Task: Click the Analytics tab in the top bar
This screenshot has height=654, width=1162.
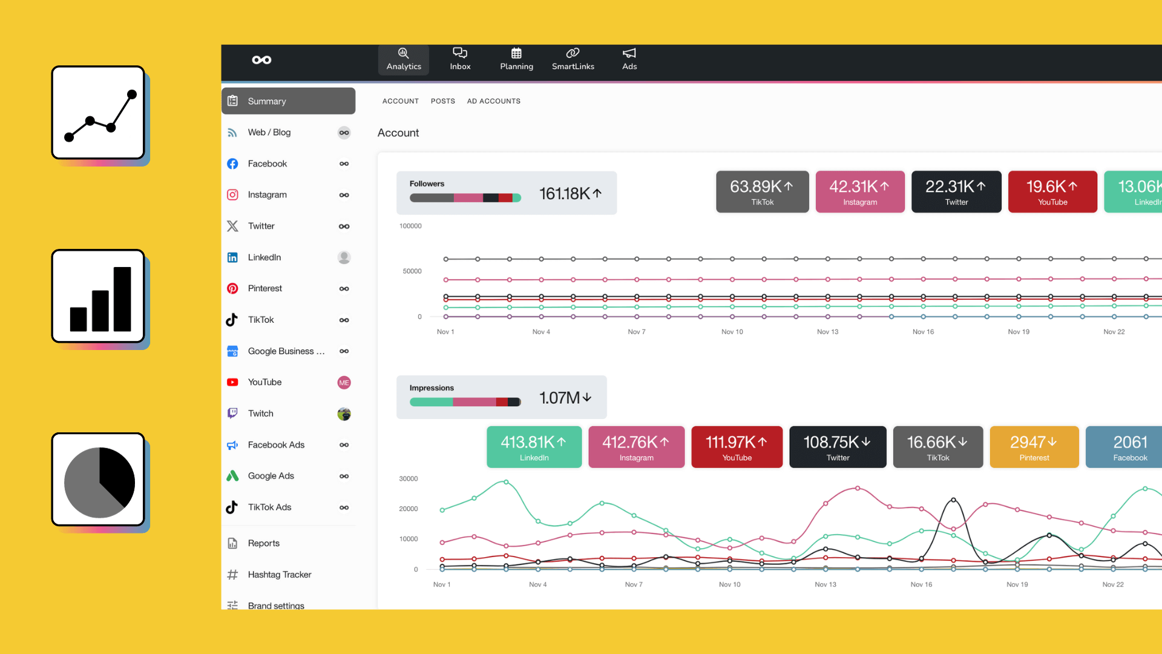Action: (x=404, y=59)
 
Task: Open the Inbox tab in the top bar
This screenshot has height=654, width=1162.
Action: (x=460, y=59)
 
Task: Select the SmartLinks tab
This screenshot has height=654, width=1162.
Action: (x=573, y=59)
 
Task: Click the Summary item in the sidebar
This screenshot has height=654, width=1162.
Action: (x=288, y=101)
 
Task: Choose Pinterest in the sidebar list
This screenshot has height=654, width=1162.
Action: (x=264, y=288)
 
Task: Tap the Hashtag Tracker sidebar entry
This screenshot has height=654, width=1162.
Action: (x=279, y=574)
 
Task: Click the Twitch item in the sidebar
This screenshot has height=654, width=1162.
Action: (x=260, y=414)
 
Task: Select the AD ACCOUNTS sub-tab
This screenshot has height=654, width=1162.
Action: (x=493, y=101)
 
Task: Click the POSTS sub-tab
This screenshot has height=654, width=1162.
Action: (x=442, y=101)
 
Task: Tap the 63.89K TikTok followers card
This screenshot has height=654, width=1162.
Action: (x=762, y=192)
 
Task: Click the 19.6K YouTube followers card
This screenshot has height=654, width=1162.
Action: (x=1052, y=192)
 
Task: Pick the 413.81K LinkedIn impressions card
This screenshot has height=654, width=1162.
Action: (x=534, y=447)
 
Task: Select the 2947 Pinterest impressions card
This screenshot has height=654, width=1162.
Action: (x=1034, y=447)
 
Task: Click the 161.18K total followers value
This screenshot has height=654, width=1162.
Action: (x=570, y=194)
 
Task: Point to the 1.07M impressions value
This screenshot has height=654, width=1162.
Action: (x=565, y=398)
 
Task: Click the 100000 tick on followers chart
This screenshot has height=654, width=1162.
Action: (x=410, y=226)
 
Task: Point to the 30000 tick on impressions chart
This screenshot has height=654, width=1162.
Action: (x=408, y=478)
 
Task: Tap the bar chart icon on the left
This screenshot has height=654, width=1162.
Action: (x=99, y=296)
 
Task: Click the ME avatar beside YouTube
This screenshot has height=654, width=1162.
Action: (x=344, y=383)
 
